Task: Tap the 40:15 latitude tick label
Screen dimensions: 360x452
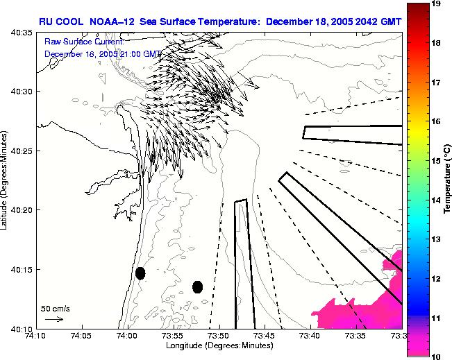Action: click(22, 269)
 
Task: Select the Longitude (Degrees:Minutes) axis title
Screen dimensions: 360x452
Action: click(219, 345)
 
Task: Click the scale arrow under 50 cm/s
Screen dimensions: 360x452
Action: click(53, 319)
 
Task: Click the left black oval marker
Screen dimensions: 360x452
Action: click(140, 273)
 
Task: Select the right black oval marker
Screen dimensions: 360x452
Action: click(197, 286)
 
